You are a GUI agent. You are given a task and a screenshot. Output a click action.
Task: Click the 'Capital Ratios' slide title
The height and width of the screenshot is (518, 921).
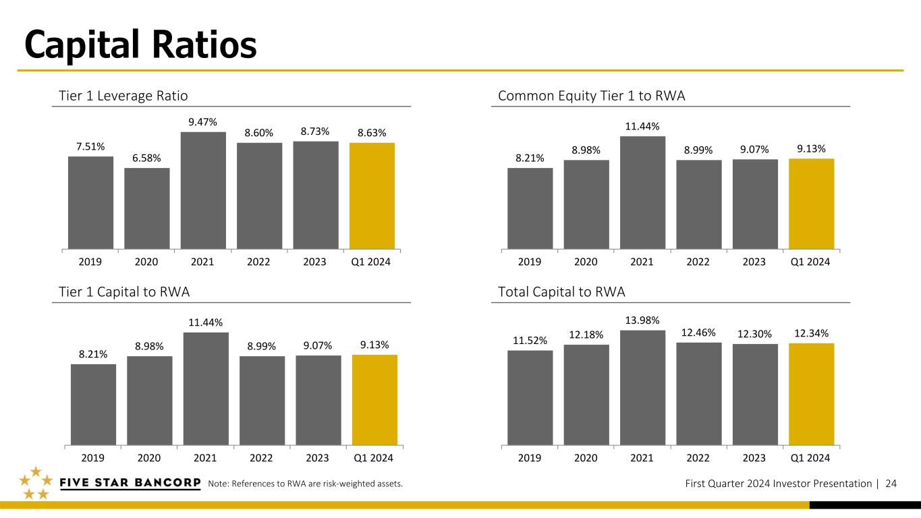[x=140, y=45]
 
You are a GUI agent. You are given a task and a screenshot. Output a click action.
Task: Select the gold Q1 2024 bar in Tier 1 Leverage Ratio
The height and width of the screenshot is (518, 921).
[x=372, y=196]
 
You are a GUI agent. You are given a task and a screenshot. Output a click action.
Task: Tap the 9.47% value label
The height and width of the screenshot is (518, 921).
[x=202, y=122]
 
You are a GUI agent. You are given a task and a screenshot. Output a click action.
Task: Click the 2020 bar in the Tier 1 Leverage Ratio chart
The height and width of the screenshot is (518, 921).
[x=147, y=208]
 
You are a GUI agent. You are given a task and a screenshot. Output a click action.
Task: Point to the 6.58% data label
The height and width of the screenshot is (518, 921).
[x=146, y=159]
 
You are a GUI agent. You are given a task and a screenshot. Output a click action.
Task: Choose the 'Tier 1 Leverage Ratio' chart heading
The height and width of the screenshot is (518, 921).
[x=123, y=96]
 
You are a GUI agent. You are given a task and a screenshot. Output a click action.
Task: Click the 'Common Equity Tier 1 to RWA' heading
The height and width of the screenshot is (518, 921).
[x=591, y=96]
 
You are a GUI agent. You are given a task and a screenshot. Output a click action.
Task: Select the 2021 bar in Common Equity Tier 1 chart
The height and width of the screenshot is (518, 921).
[x=642, y=192]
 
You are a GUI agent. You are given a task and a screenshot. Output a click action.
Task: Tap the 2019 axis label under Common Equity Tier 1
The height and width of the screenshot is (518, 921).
[x=530, y=262]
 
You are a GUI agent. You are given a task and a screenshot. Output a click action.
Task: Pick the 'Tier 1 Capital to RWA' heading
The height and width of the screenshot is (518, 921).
[x=124, y=292]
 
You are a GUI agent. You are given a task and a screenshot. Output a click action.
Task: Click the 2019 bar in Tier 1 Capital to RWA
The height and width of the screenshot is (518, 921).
[x=93, y=405]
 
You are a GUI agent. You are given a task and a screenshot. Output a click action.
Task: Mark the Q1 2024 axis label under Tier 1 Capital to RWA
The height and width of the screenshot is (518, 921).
[x=373, y=458]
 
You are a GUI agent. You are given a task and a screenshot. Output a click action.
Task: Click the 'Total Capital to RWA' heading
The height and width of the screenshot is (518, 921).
[x=561, y=292]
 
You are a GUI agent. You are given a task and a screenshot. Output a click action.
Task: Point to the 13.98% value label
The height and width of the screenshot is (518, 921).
[x=642, y=320]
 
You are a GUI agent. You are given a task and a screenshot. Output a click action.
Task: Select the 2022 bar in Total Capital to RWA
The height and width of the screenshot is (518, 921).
[x=699, y=394]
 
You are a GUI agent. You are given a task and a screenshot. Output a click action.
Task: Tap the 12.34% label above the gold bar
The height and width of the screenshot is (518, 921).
[x=811, y=333]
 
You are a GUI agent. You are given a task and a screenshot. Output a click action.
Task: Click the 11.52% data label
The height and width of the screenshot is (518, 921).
[x=530, y=341]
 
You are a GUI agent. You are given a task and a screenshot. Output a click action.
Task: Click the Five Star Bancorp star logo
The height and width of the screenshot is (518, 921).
[x=36, y=483]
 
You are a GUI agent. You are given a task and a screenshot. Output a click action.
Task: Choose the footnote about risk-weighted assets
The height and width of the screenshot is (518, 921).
[x=306, y=484]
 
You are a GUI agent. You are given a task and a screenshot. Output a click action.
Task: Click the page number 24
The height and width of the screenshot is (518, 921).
[x=891, y=484]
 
